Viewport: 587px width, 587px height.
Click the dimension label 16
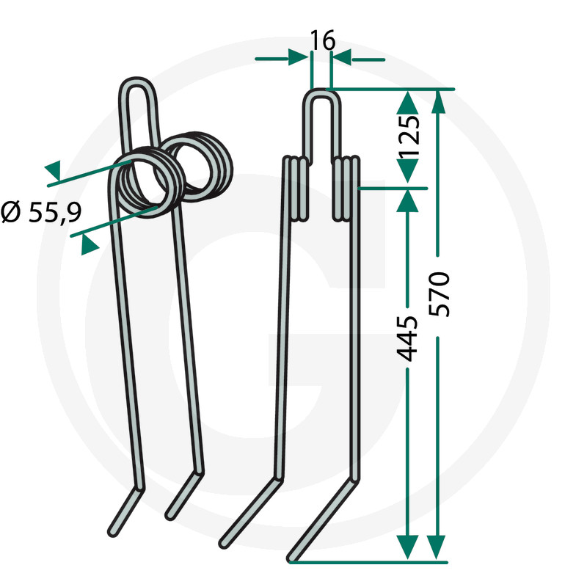[323, 40]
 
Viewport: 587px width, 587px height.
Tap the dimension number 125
[409, 136]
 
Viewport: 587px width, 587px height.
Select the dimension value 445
[407, 339]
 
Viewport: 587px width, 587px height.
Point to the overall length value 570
[439, 295]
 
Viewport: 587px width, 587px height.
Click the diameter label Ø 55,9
[41, 213]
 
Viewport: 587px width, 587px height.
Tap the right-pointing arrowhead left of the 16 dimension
[299, 58]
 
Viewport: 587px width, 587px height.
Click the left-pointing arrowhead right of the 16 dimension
[341, 58]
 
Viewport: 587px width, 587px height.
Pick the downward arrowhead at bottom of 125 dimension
[407, 171]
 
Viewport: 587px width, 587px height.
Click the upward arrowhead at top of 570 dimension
[438, 102]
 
